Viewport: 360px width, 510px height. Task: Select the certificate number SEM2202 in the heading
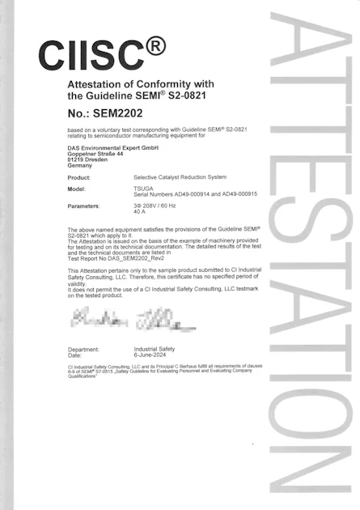[122, 113]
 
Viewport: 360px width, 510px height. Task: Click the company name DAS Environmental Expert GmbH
[112, 147]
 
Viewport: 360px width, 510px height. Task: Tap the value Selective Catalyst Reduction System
[180, 177]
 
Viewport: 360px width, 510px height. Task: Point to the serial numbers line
[195, 194]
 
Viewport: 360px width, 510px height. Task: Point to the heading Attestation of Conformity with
[140, 83]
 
